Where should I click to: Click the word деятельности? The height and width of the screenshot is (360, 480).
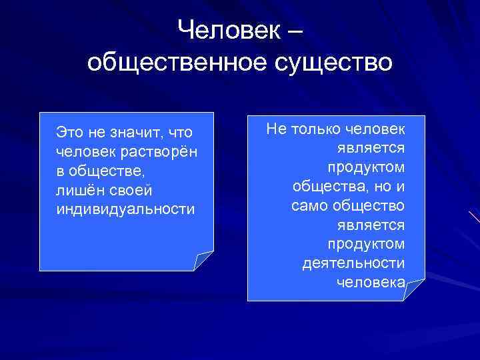[x=353, y=263]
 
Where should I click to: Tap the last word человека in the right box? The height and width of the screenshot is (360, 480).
[x=370, y=283]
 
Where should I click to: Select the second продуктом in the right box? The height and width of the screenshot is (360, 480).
[x=366, y=244]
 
